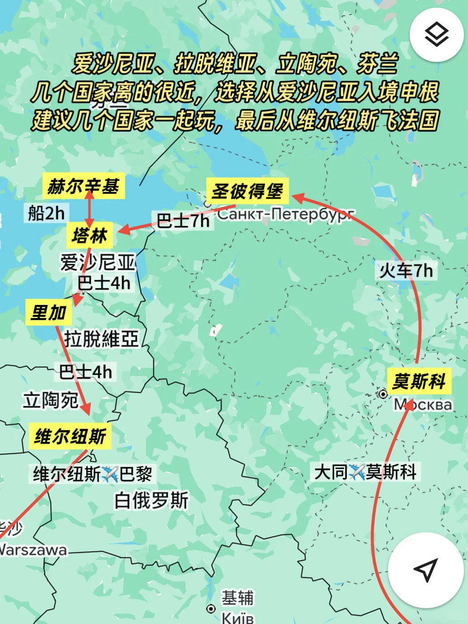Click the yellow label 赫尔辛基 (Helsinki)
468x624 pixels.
click(x=83, y=186)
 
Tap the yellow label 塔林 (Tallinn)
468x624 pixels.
click(x=90, y=235)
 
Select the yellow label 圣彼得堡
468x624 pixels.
click(x=247, y=191)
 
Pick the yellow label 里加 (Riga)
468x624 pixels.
click(x=49, y=312)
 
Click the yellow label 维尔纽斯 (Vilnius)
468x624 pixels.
click(x=70, y=436)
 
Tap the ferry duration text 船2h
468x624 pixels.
click(x=46, y=213)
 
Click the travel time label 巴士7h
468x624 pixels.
click(x=183, y=221)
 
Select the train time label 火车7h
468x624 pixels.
click(x=406, y=271)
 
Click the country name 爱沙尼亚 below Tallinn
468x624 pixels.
click(x=98, y=262)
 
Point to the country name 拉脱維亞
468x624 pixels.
click(x=101, y=338)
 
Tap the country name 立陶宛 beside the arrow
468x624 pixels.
click(x=51, y=400)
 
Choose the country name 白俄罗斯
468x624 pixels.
click(x=151, y=500)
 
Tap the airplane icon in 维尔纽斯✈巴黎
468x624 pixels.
click(x=110, y=474)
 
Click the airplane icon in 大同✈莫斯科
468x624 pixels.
click(x=357, y=472)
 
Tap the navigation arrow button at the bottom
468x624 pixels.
click(x=425, y=570)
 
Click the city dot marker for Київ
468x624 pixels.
click(x=211, y=609)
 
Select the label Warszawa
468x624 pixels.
click(x=33, y=550)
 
